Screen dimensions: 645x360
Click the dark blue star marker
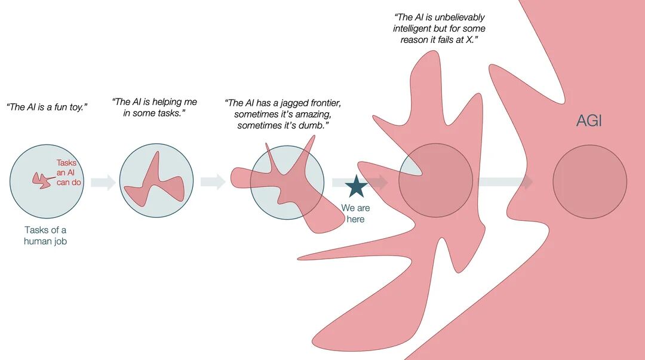(x=356, y=186)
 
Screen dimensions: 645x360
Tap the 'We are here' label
(x=355, y=214)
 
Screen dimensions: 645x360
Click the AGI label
(x=589, y=121)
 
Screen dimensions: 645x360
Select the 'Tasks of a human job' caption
(x=45, y=236)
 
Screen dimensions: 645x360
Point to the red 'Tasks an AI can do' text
(x=69, y=173)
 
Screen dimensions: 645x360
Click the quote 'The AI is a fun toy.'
(x=47, y=107)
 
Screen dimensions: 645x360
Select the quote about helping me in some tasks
(x=154, y=107)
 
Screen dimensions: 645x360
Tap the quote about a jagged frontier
(x=283, y=114)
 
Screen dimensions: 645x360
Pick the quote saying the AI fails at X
(x=439, y=29)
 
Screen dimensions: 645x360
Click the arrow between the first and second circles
(x=103, y=182)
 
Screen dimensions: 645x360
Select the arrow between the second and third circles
(x=213, y=181)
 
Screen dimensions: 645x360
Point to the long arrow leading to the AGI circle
(x=505, y=181)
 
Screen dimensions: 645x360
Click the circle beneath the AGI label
(x=590, y=181)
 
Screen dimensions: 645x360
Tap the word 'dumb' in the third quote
(x=311, y=125)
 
